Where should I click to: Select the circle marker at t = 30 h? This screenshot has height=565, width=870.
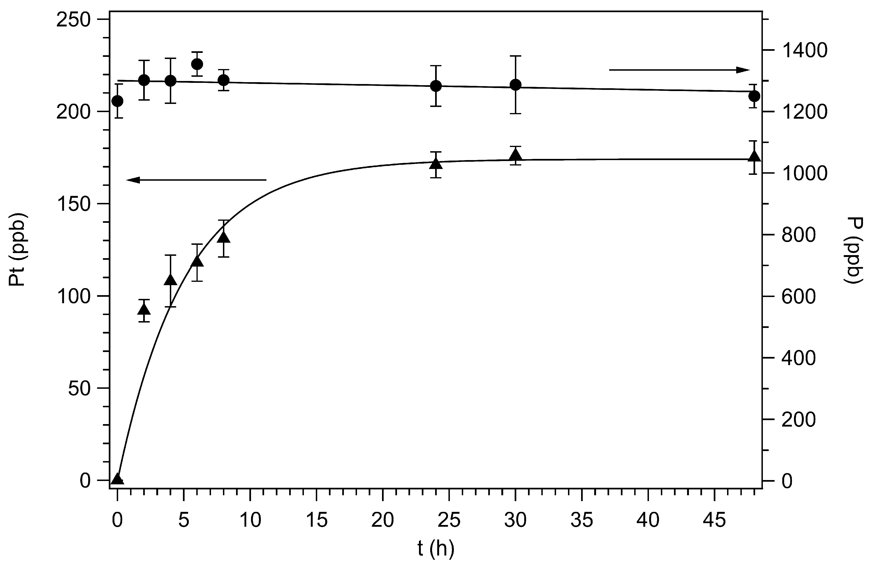515,85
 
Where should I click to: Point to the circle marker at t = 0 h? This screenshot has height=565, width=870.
117,101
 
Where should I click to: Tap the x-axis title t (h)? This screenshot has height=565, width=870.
436,549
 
